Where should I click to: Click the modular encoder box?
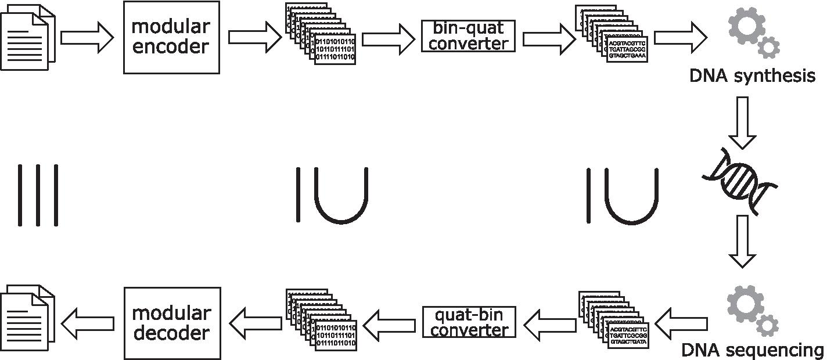click(x=171, y=37)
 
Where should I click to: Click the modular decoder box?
click(x=171, y=323)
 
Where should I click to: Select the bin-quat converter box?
click(x=468, y=36)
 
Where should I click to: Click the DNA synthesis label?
click(x=753, y=75)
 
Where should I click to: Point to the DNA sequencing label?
click(x=752, y=350)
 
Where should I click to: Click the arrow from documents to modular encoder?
click(x=87, y=37)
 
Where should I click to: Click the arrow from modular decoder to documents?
click(x=87, y=323)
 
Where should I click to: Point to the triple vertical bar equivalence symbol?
click(x=38, y=195)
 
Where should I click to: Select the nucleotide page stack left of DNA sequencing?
click(x=614, y=319)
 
